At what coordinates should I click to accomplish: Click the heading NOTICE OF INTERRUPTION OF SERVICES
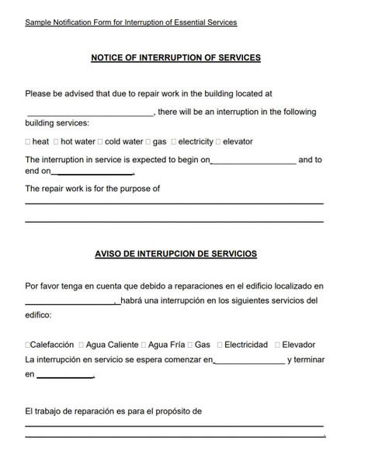coord(175,57)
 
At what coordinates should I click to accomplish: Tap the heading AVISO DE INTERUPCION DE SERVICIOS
coord(175,254)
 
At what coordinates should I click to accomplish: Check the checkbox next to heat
coord(28,142)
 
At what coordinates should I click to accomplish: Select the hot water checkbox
coord(56,142)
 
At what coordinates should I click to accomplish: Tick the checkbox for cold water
coord(100,142)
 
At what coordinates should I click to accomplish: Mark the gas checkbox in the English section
coord(148,142)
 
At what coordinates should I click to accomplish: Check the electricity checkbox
coord(174,142)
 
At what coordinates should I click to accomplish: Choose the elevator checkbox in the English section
coord(218,142)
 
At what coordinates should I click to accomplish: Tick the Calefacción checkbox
coord(27,345)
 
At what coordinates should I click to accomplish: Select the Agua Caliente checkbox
coord(82,345)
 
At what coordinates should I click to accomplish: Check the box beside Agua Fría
coord(143,345)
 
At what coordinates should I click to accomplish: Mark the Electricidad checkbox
coord(220,345)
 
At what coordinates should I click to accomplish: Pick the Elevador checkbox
coord(277,345)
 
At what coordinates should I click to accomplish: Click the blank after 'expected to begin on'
coord(253,161)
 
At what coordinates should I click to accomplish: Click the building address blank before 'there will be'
coord(89,113)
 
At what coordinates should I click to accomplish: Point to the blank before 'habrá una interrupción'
coord(71,302)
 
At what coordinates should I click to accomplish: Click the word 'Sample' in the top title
coord(36,23)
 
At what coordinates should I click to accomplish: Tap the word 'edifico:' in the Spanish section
coord(38,316)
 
